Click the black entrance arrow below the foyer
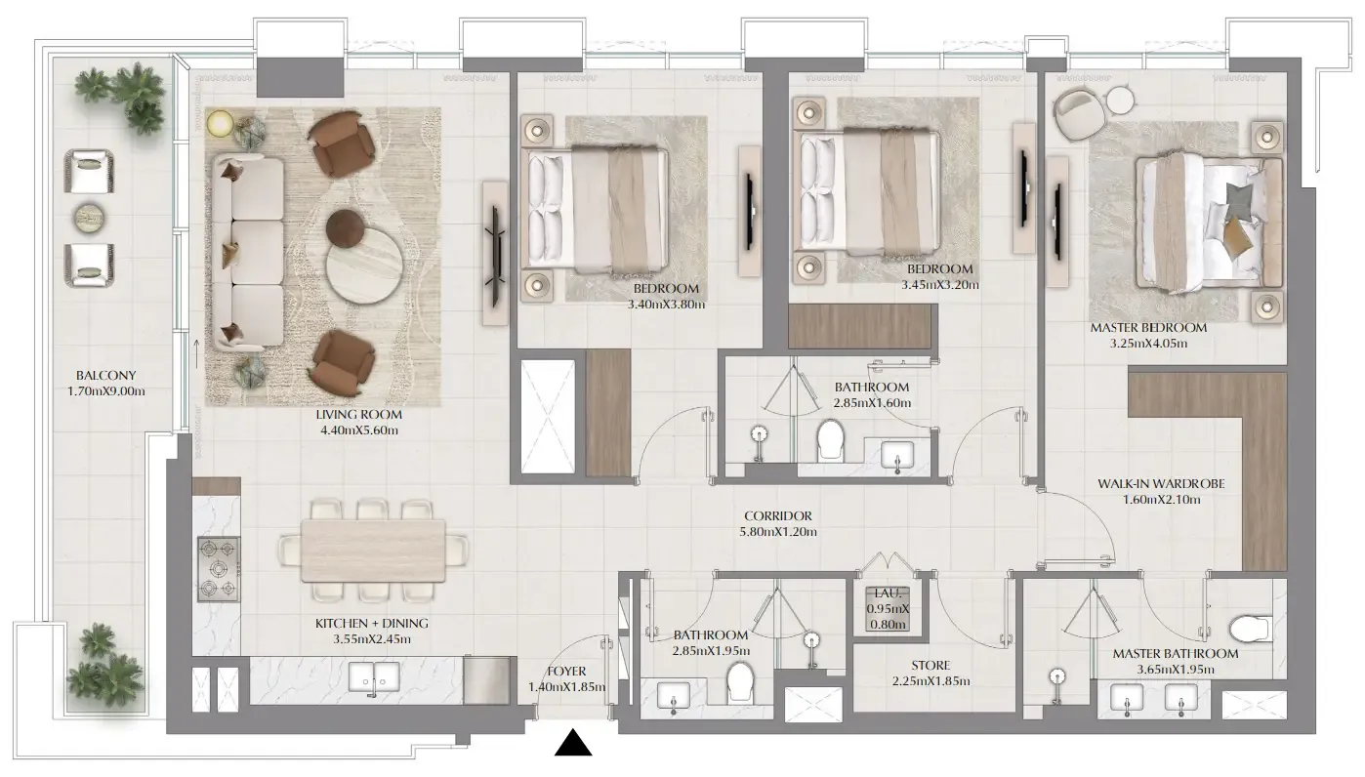[575, 744]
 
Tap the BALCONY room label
[106, 374]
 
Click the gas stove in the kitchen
[220, 569]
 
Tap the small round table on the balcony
[89, 216]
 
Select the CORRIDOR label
[777, 516]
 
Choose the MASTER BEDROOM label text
[1147, 328]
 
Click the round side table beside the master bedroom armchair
[1119, 100]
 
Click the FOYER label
[566, 672]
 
